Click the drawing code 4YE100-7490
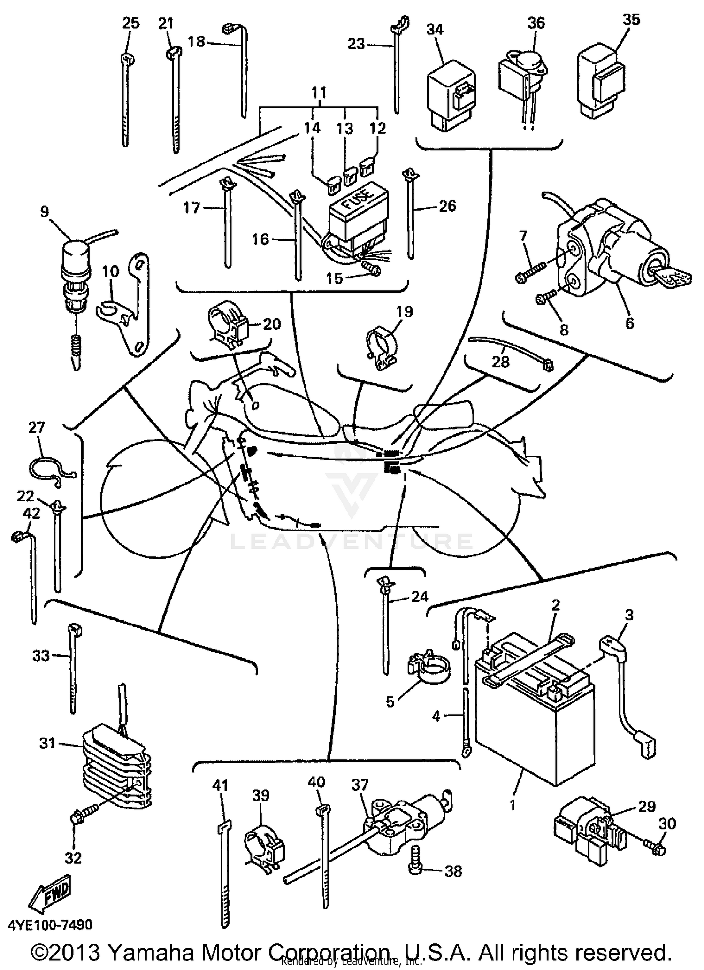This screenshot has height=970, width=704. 50,924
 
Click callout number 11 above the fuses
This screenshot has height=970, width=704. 319,92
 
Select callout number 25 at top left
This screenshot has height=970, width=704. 130,23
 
